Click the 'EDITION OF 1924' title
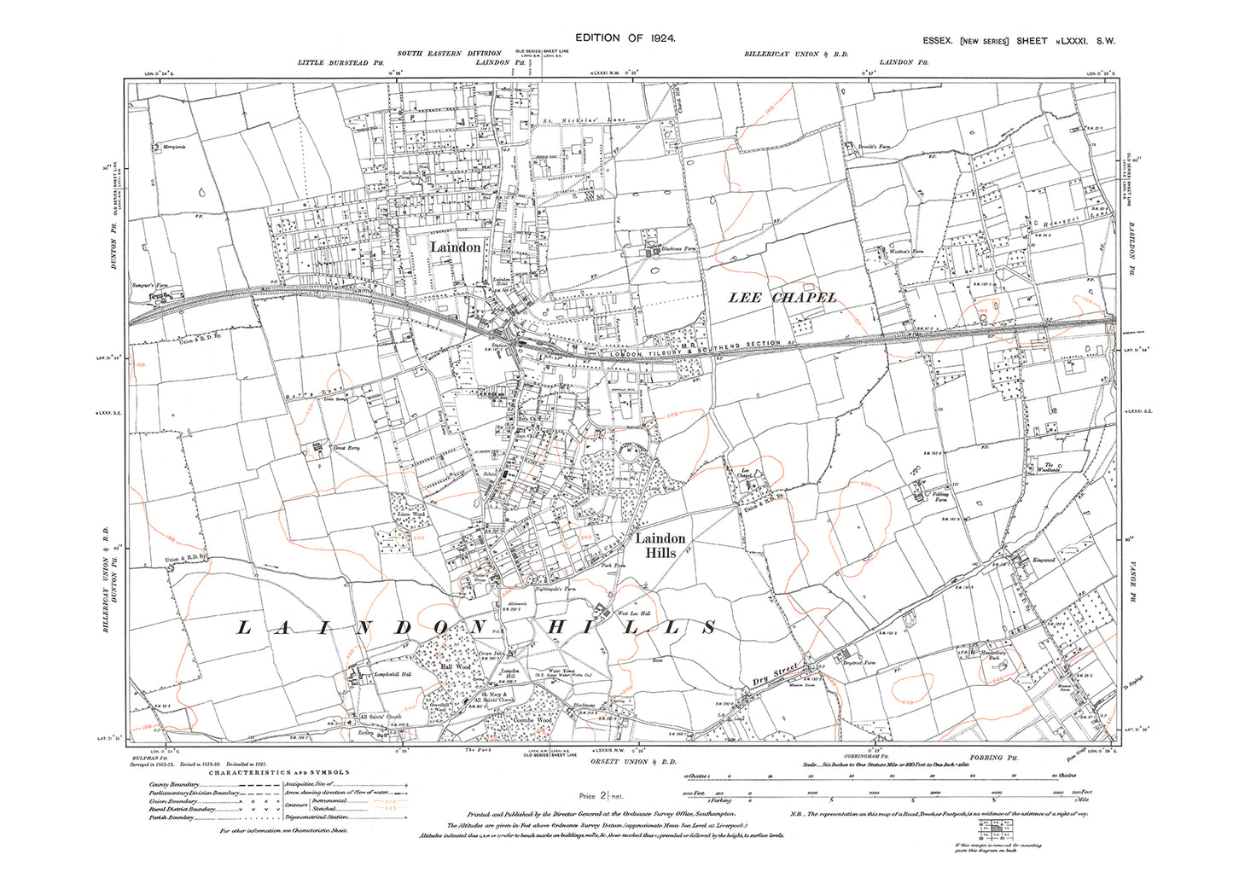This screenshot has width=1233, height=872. tap(625, 38)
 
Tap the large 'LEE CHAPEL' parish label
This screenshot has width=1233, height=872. tap(782, 297)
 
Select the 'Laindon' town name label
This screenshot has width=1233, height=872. tap(455, 247)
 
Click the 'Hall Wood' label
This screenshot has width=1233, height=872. tap(455, 666)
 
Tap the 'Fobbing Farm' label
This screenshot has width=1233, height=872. tap(939, 497)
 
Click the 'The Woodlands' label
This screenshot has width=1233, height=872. tap(1049, 467)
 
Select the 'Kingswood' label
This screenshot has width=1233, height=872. tap(1044, 560)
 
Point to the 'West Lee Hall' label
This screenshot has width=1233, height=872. tap(634, 613)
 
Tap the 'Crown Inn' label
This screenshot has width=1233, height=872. tap(487, 654)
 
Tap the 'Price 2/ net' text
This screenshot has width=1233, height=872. tap(602, 795)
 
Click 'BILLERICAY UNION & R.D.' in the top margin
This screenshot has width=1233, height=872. tap(795, 55)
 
